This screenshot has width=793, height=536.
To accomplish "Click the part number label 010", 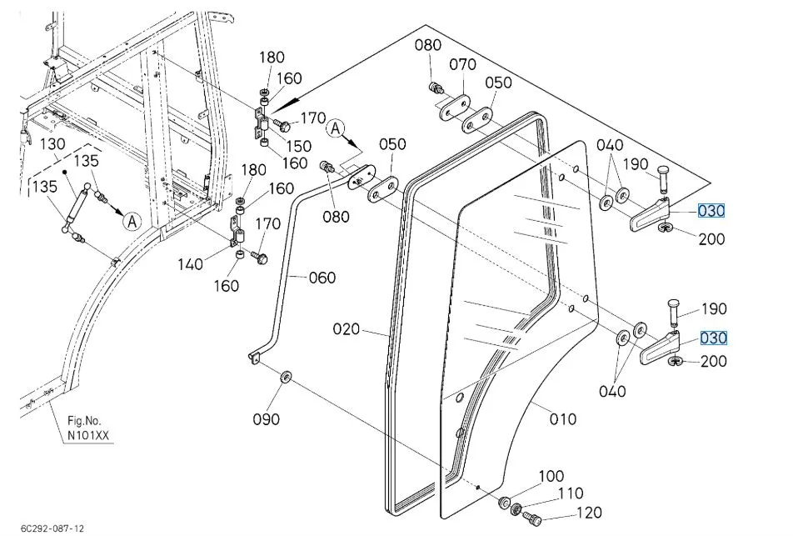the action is click(563, 419).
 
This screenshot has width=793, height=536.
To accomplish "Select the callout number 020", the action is click(347, 329).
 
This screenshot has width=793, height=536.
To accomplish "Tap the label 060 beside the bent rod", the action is click(322, 278).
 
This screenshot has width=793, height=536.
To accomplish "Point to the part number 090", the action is click(266, 419).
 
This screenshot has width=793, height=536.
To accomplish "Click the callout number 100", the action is click(551, 476).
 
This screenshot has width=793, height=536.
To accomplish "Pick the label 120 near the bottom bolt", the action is click(589, 513).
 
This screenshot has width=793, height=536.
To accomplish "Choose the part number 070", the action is click(463, 64).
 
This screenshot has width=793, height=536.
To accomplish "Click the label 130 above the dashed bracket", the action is click(52, 143).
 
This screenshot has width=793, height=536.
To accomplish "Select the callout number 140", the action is click(190, 263).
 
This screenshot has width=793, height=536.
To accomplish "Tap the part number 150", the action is click(298, 146).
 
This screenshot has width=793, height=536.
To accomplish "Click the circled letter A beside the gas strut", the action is click(132, 221).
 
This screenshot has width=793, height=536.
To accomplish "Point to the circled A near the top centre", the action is click(336, 128).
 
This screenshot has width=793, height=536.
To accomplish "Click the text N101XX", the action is click(88, 435).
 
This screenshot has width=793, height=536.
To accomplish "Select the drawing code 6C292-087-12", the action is click(52, 528).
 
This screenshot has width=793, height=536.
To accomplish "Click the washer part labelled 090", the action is click(286, 377).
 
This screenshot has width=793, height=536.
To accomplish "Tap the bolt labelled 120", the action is click(531, 518).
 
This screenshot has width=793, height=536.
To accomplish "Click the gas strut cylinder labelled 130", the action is click(77, 208).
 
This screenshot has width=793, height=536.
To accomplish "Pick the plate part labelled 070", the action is click(454, 107).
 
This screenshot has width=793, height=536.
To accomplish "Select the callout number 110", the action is click(571, 493).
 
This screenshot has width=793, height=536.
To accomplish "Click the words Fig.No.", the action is click(84, 420).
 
